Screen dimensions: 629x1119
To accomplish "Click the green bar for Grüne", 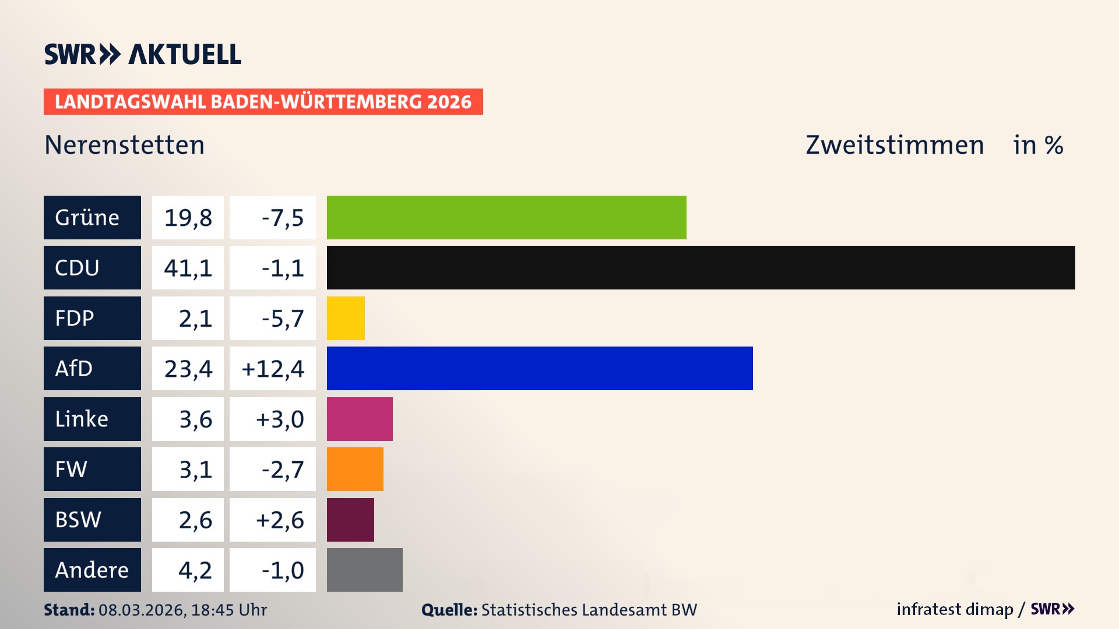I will [x=506, y=217].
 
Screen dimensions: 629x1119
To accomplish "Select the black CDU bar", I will [x=701, y=267].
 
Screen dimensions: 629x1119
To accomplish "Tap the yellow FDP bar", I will [x=346, y=318].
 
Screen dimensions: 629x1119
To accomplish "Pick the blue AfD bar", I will [x=540, y=368].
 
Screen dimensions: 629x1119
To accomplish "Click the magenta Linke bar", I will [x=360, y=419].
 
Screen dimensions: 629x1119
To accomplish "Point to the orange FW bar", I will [x=355, y=469].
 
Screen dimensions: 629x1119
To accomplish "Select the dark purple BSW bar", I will [x=350, y=520].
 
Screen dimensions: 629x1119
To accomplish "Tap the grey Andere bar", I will [x=364, y=570].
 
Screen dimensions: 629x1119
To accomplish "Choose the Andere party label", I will [x=92, y=570].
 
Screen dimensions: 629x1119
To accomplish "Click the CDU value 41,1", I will [x=188, y=268].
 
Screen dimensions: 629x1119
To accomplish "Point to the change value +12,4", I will [x=273, y=369].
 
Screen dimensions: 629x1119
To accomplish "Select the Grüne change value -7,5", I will [x=282, y=218].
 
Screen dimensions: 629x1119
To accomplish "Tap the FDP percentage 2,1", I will [x=195, y=319].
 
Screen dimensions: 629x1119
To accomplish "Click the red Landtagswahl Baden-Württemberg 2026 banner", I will [x=263, y=102].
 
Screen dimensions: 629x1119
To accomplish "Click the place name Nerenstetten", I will [x=125, y=145].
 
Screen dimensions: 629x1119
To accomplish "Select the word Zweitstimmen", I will [x=895, y=145].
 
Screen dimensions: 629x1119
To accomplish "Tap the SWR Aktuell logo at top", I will [x=143, y=54].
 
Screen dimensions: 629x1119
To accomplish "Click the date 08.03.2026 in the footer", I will [x=142, y=610].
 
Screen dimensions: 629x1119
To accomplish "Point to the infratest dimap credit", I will [x=955, y=609].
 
